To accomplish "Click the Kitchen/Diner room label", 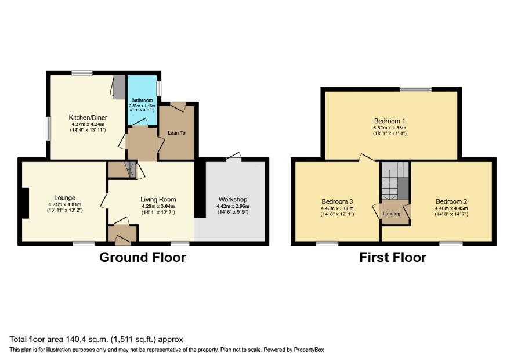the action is pos(88,117).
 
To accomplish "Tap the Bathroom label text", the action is pos(142,100).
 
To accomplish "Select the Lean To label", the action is pos(176,133).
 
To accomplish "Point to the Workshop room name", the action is pos(233,200).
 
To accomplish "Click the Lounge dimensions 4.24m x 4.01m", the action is pos(64,204).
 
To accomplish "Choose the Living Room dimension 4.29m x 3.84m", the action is pos(158,206).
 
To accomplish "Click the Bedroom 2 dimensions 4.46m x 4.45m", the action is pos(451,208).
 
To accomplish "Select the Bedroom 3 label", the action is pos(337,201).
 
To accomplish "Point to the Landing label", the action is pos(392,214).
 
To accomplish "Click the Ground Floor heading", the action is pos(143,257).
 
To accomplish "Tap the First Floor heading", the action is pos(393,257).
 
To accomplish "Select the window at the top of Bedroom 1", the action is pos(415,89).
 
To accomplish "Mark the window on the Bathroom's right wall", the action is pos(159,88).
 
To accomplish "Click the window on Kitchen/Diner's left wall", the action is pos(48,129).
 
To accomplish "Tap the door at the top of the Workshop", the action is pos(233,157).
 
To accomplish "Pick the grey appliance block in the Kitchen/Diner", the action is pos(120,87).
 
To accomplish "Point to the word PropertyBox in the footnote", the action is pos(309,350).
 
